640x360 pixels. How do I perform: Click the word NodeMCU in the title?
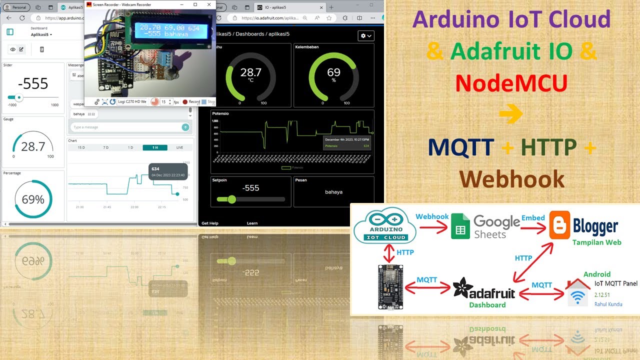pyautogui.click(x=511, y=83)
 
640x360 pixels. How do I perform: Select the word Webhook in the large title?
pyautogui.click(x=512, y=179)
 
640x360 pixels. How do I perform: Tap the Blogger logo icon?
pyautogui.click(x=559, y=225)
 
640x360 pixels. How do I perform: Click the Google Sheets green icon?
pyautogui.click(x=460, y=226)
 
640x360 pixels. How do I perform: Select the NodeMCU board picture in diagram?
pyautogui.click(x=390, y=286)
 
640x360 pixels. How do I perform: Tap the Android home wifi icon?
pyautogui.click(x=578, y=293)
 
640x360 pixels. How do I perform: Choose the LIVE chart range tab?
pyautogui.click(x=179, y=147)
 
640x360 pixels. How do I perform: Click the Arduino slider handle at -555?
pyautogui.click(x=19, y=97)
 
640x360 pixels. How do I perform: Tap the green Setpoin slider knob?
pyautogui.click(x=231, y=199)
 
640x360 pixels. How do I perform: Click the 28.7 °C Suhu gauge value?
pyautogui.click(x=250, y=73)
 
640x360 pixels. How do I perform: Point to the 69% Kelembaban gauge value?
pyautogui.click(x=333, y=73)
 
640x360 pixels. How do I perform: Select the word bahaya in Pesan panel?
pyautogui.click(x=333, y=192)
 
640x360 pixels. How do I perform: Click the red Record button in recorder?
pyautogui.click(x=185, y=102)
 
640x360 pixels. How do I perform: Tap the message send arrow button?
pyautogui.click(x=185, y=127)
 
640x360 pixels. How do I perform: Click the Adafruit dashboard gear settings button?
pyautogui.click(x=366, y=36)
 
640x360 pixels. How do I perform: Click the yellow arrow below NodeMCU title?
pyautogui.click(x=511, y=114)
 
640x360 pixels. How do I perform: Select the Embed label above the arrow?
pyautogui.click(x=533, y=218)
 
